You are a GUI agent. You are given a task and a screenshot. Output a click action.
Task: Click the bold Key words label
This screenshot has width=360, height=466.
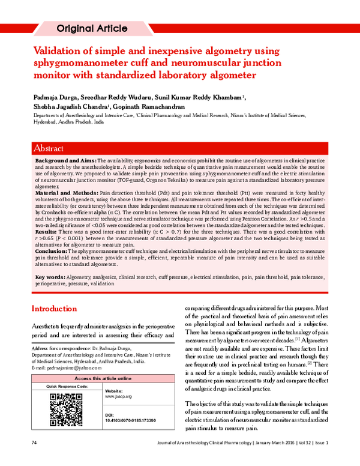click(x=50, y=277)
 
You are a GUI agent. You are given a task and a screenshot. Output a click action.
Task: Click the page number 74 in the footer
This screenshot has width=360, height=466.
click(x=34, y=459)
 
